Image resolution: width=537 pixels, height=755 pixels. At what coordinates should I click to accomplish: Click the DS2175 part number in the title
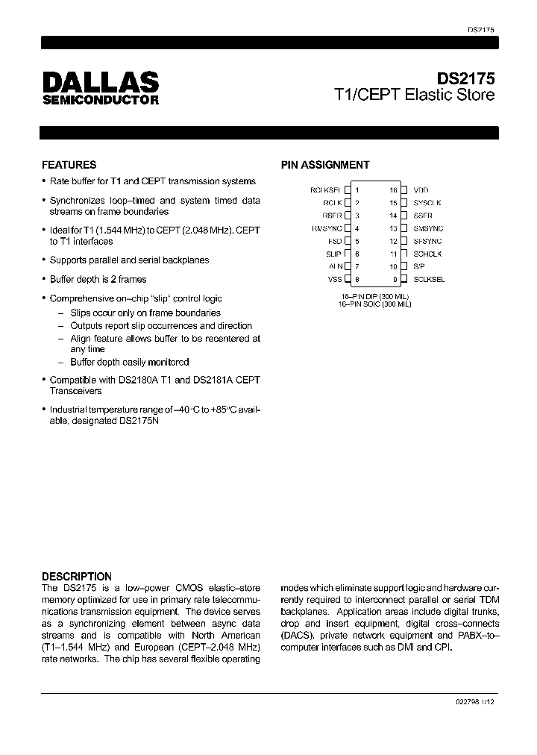[465, 78]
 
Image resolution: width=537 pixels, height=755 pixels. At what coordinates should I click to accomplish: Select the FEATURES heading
[69, 165]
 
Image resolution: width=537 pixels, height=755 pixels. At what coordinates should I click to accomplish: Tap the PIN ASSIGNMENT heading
[324, 165]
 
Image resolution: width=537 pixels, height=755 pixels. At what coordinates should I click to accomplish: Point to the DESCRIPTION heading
[76, 576]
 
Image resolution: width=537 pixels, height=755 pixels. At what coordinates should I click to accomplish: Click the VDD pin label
[421, 190]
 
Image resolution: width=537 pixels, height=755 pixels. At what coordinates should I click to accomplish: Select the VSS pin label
[335, 279]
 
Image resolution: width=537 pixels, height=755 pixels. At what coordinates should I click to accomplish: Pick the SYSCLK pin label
[427, 203]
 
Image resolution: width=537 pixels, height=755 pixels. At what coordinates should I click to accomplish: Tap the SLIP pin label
[333, 254]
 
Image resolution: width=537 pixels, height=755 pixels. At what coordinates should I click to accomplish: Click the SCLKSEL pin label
[429, 279]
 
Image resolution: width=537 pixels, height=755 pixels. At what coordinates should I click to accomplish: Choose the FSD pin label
[334, 241]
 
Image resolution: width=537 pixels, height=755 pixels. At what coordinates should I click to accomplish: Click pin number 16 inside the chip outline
[393, 190]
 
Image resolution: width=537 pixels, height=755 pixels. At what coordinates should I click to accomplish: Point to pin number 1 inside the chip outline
[357, 190]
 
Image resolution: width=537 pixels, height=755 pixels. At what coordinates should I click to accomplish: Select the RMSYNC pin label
[327, 228]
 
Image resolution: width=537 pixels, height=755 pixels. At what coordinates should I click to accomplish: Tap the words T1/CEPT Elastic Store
[414, 95]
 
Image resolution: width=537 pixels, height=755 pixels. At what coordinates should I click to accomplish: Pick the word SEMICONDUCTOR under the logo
[100, 99]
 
